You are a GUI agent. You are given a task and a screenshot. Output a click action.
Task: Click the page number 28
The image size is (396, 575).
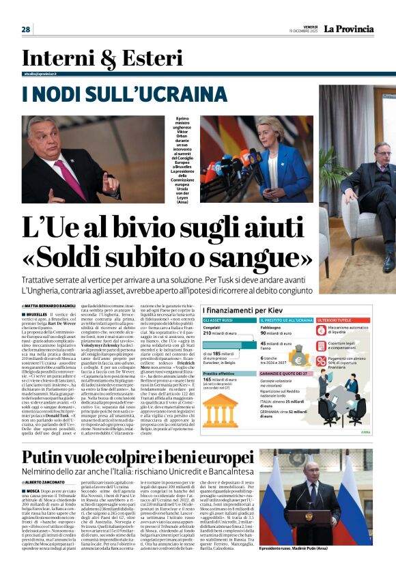pyautogui.click(x=26, y=29)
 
